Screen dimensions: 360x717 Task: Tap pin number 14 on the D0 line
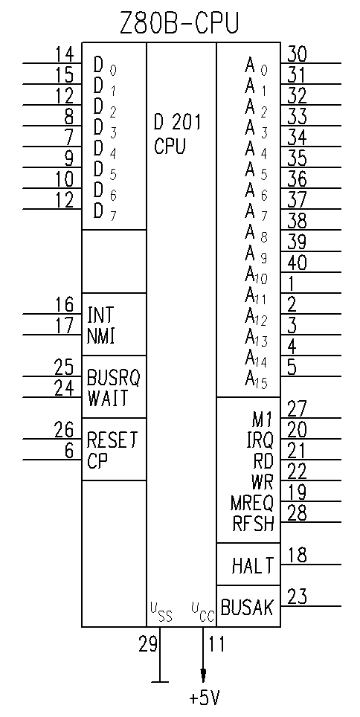pyautogui.click(x=65, y=54)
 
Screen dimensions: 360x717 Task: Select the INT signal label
pyautogui.click(x=100, y=315)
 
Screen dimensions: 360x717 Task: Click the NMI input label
pyautogui.click(x=100, y=336)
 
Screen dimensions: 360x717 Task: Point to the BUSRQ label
pyautogui.click(x=114, y=378)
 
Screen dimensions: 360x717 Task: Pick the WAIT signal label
pyautogui.click(x=108, y=399)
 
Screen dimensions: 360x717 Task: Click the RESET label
pyautogui.click(x=112, y=440)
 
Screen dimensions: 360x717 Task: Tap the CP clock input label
pyautogui.click(x=97, y=461)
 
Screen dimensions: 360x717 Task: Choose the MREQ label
pyautogui.click(x=252, y=503)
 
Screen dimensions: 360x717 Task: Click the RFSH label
pyautogui.click(x=254, y=524)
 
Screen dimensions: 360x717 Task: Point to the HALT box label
pyautogui.click(x=253, y=566)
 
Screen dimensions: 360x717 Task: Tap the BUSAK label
pyautogui.click(x=247, y=608)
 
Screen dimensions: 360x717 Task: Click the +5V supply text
pyautogui.click(x=205, y=698)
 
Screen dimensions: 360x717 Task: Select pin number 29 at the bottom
pyautogui.click(x=148, y=644)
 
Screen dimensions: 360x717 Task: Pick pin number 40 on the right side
pyautogui.click(x=298, y=263)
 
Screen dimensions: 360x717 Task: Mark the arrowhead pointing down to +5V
pyautogui.click(x=203, y=676)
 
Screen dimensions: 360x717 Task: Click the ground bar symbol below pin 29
pyautogui.click(x=160, y=682)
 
